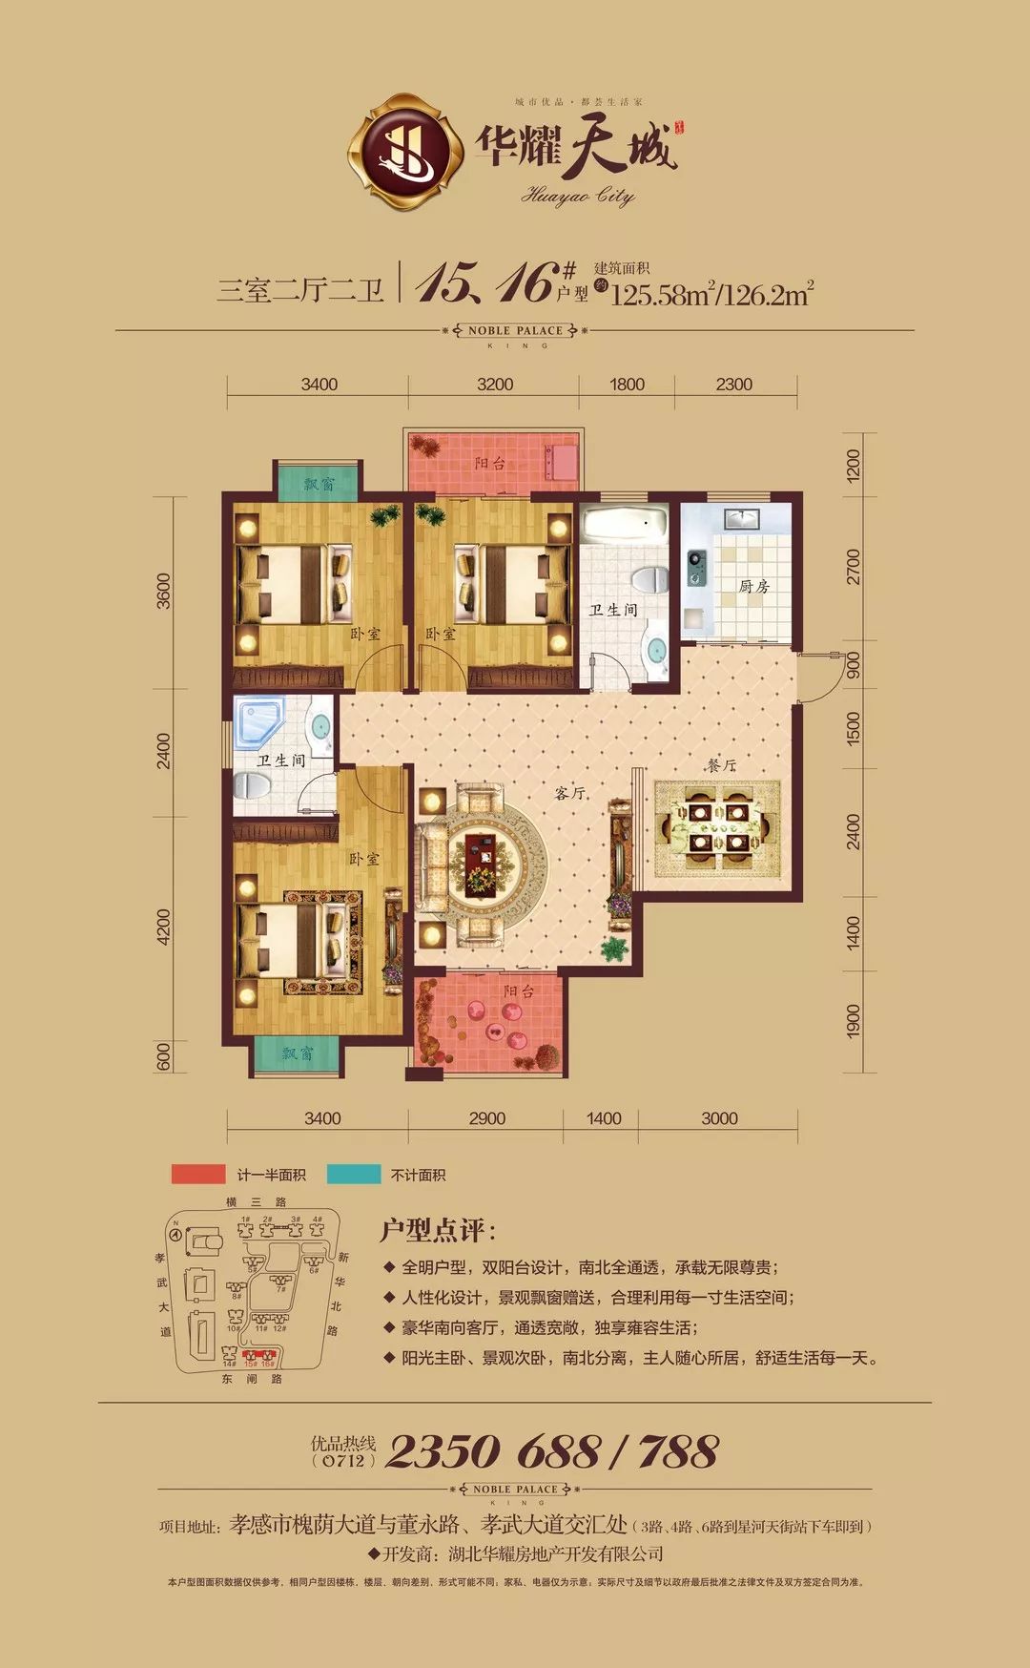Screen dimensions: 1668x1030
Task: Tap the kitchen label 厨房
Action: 753,586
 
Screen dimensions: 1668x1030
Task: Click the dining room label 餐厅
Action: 722,765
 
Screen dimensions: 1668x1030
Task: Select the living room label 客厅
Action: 570,792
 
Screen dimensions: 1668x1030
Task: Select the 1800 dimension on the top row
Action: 627,385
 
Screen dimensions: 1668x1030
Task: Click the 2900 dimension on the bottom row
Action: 486,1118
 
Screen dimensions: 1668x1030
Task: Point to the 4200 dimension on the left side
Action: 164,927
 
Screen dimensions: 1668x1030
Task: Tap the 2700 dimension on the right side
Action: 853,567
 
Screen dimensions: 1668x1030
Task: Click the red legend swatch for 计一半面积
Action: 198,1175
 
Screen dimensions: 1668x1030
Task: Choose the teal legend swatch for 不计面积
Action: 353,1175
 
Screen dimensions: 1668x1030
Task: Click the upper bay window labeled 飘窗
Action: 319,483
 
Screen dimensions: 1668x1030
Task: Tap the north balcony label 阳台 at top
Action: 490,463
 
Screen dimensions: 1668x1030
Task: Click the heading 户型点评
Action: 438,1230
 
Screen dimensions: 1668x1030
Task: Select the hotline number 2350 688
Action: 492,1452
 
